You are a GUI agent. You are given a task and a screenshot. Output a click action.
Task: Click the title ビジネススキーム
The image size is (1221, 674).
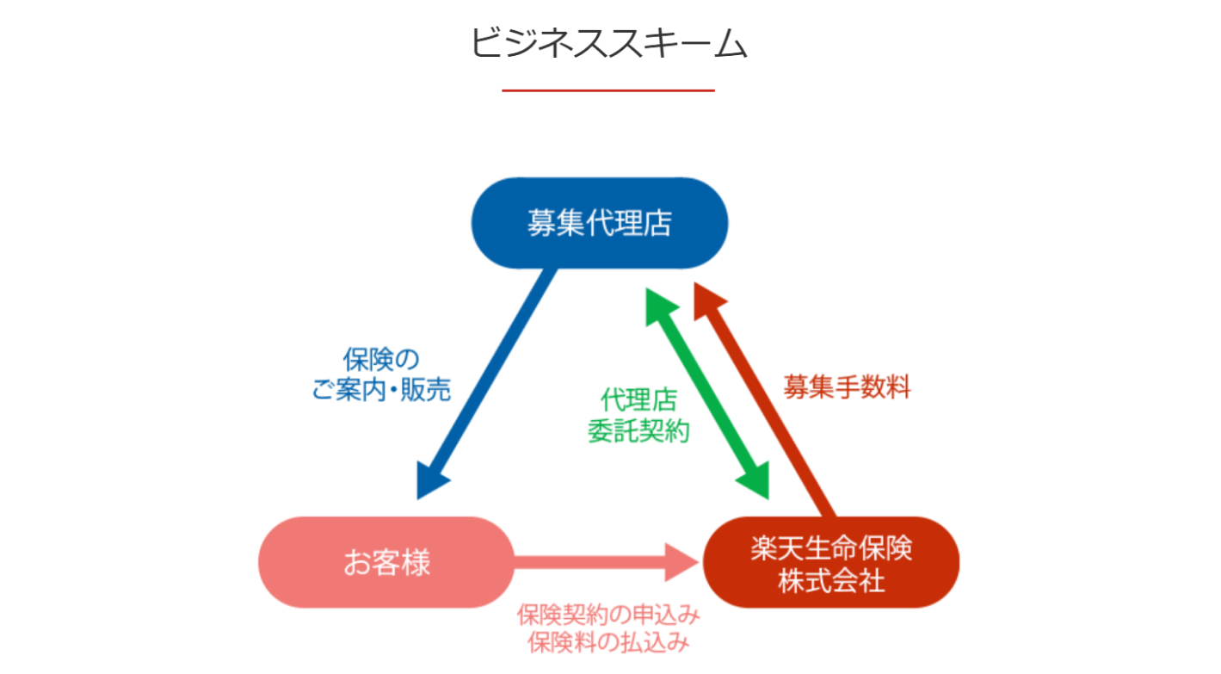tap(608, 43)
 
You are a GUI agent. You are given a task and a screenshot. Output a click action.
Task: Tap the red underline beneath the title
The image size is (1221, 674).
tap(608, 90)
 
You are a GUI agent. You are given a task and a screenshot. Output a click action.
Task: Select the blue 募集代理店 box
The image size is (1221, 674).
tap(600, 224)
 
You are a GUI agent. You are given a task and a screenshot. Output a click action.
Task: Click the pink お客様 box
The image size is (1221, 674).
tap(386, 563)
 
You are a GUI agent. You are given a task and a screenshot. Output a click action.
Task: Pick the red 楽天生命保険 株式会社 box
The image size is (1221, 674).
tap(831, 563)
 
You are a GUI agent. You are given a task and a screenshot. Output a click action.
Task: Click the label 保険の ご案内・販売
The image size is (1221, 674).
tap(381, 375)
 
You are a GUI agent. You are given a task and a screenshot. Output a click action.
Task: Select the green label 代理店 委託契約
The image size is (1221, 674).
tap(638, 416)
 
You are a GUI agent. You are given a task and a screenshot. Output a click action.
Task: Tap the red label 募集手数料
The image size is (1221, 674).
tap(847, 388)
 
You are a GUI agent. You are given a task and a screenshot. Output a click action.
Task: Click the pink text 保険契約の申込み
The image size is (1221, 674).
tap(608, 616)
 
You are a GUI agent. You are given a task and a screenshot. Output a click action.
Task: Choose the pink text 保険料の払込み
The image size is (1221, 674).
tap(608, 642)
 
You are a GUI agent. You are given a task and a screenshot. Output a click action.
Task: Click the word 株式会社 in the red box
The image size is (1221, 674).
tap(831, 581)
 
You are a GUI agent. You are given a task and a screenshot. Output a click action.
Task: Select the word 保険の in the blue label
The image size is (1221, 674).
tap(381, 360)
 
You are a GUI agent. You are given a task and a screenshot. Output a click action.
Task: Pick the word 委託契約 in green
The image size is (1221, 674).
tap(638, 431)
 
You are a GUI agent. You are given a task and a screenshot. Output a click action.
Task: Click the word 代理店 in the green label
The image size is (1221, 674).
tap(638, 400)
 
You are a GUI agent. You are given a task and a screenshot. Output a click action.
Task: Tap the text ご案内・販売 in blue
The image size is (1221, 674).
tap(381, 390)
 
